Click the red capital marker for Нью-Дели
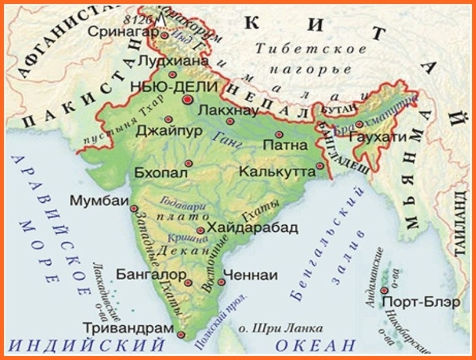tap(188, 100)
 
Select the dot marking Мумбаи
tap(134, 209)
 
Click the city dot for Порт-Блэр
tap(384, 290)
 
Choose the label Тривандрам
tap(129, 327)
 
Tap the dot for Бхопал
tap(188, 163)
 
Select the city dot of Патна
tap(279, 134)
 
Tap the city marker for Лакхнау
tap(230, 121)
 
